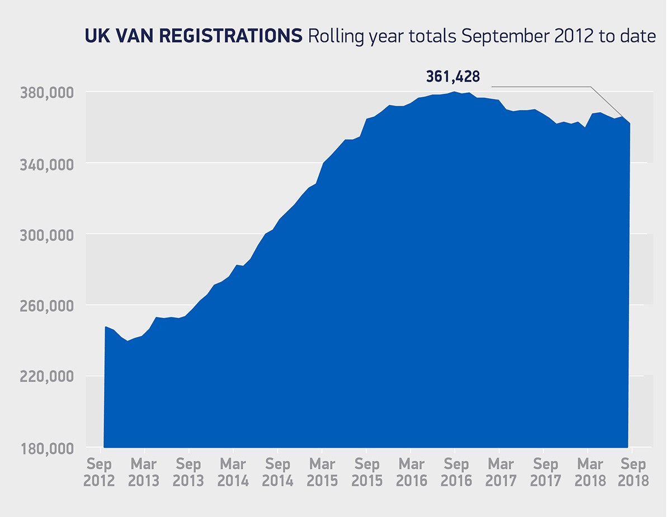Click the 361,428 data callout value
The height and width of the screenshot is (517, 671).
pyautogui.click(x=453, y=77)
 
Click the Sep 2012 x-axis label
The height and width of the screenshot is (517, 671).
pyautogui.click(x=100, y=472)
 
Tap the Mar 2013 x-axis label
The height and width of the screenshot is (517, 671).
pyautogui.click(x=144, y=472)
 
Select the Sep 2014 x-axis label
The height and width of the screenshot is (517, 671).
pyautogui.click(x=278, y=472)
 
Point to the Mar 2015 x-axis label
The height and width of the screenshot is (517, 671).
pyautogui.click(x=322, y=472)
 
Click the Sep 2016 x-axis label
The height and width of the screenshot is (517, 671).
pyautogui.click(x=456, y=472)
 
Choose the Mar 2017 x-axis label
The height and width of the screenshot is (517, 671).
pyautogui.click(x=500, y=472)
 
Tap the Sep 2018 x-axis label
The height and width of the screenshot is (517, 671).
pyautogui.click(x=634, y=472)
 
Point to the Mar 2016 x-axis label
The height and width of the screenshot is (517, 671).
pyautogui.click(x=412, y=472)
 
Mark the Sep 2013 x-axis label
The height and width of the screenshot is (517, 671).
pyautogui.click(x=189, y=472)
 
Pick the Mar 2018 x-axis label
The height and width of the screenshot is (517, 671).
pyautogui.click(x=590, y=472)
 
